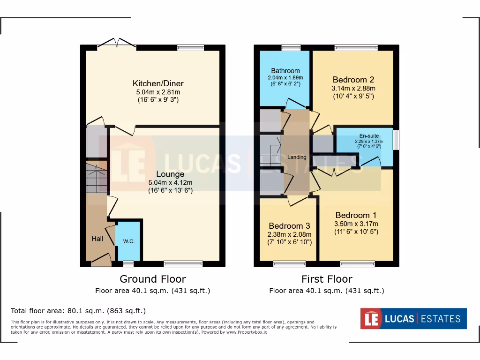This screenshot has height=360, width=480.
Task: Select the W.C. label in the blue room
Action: pos(129,241)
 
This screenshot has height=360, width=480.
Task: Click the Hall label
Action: pos(97,239)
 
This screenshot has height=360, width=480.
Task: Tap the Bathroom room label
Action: pos(285,71)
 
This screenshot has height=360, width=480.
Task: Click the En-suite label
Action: pos(367,136)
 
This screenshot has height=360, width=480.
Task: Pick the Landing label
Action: pos(297,157)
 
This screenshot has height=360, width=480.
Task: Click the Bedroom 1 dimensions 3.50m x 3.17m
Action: pos(356,224)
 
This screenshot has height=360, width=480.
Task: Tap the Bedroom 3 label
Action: pos(289,226)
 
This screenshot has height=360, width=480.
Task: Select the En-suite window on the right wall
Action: pos(396,140)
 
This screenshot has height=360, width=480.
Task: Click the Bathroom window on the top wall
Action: pos(291,47)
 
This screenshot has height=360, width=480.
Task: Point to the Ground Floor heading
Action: pos(153,279)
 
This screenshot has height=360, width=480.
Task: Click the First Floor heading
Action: pos(327,279)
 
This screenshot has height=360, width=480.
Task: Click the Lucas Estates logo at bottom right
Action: pos(413,319)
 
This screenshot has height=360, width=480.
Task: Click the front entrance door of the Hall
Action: pos(101,259)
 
